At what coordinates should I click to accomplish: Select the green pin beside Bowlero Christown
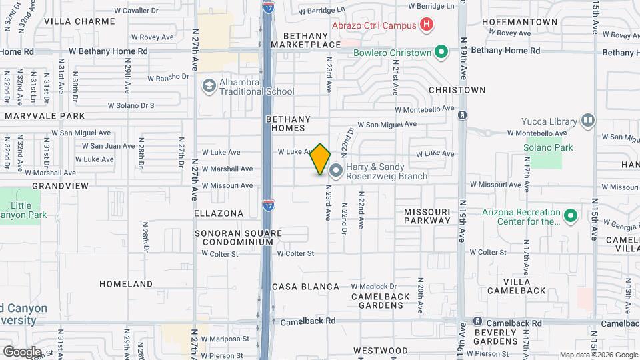441,52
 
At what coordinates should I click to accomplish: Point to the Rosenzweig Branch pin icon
335,171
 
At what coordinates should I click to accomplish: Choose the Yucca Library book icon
587,121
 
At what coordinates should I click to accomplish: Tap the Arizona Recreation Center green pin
570,216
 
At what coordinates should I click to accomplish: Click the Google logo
22,351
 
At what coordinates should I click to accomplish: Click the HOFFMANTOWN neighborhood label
526,22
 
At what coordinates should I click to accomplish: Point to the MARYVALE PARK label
43,116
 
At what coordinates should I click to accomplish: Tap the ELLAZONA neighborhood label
219,213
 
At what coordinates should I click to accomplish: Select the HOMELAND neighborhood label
126,284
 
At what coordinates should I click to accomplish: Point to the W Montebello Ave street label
425,108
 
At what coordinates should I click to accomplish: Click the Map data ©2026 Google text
598,355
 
